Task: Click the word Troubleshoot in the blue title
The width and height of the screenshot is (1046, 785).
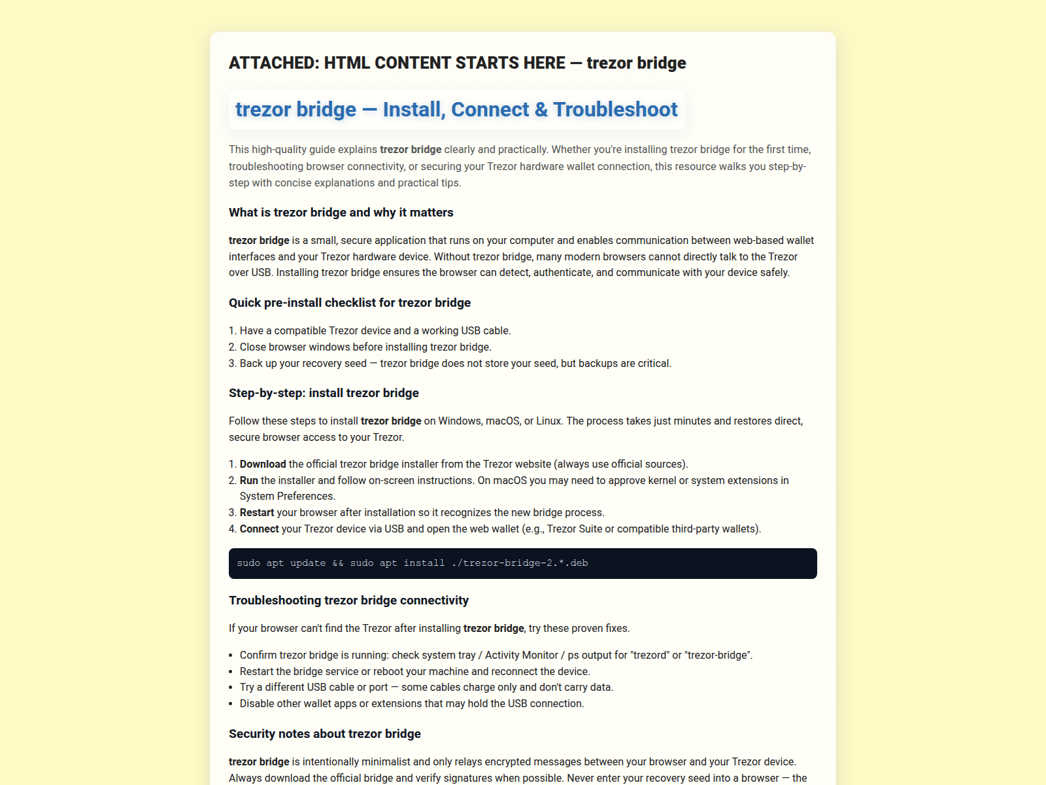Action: click(615, 109)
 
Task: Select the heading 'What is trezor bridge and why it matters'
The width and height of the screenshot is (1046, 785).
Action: click(341, 213)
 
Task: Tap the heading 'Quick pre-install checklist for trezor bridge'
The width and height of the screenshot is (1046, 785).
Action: click(350, 303)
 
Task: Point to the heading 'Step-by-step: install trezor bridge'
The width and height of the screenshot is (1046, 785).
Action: click(324, 393)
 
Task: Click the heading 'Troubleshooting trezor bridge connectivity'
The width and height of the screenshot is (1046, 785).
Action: click(348, 601)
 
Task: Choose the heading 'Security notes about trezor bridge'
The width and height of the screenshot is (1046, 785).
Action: click(324, 734)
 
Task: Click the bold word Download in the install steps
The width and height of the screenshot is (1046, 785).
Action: click(263, 464)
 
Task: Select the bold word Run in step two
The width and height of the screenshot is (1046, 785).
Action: click(249, 481)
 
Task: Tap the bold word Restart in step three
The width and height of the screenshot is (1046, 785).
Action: click(257, 513)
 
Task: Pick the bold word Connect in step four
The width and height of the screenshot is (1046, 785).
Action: click(260, 529)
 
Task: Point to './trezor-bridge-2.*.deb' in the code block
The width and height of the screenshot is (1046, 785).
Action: click(520, 563)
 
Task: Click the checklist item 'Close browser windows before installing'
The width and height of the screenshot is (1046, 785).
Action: click(365, 347)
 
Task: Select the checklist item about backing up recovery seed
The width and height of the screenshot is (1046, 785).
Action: click(455, 364)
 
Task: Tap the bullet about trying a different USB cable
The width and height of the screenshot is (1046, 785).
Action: click(426, 688)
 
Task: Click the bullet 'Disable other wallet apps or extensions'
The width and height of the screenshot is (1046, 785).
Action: click(412, 704)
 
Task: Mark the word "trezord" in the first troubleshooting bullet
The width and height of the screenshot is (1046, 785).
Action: click(651, 655)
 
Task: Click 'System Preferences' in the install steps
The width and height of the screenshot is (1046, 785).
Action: click(288, 497)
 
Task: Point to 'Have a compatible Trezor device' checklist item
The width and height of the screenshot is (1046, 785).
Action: click(375, 331)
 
